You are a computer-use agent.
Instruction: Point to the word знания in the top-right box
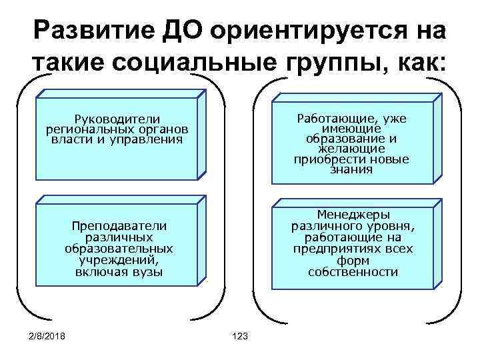[x=351, y=170]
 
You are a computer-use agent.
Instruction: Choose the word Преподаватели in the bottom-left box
[x=119, y=227]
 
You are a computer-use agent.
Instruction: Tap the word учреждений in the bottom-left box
[x=119, y=260]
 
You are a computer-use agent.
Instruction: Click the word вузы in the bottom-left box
[x=147, y=272]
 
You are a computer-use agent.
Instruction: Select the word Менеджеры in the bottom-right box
[x=353, y=215]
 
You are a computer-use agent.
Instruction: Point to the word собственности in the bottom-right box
[x=353, y=272]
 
